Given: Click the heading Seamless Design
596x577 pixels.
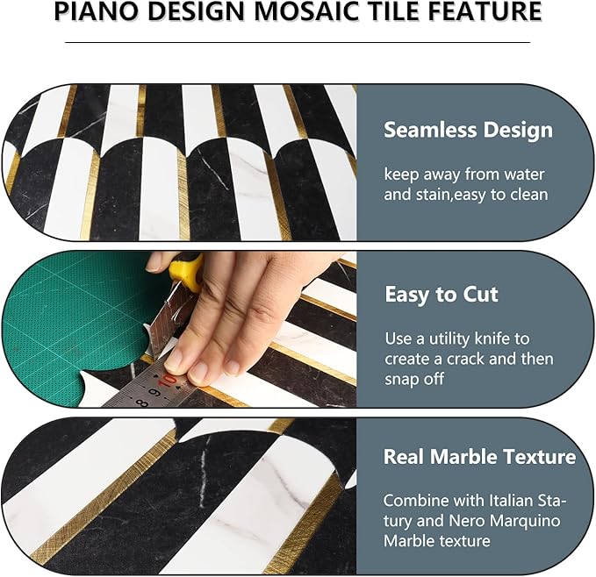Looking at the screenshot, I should click(x=468, y=131).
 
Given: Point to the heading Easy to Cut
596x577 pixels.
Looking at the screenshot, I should click(x=442, y=295).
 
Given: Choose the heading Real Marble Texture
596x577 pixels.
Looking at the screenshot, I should click(x=479, y=457).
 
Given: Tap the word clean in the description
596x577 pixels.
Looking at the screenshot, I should click(x=529, y=194).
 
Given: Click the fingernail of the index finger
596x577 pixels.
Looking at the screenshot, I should click(x=174, y=358).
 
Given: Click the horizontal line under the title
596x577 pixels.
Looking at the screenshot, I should click(x=298, y=41).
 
